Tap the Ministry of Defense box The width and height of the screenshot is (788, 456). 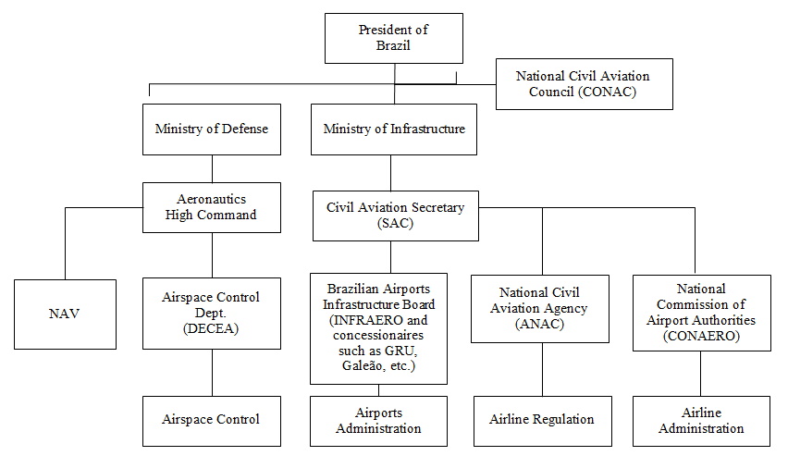coord(212,129)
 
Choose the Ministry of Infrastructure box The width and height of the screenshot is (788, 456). coord(394,129)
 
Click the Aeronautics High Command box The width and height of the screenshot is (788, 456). coord(212,207)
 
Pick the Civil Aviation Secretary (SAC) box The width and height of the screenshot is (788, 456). coord(396,216)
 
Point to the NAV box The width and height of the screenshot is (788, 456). coord(64,314)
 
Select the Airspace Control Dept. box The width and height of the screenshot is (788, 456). coord(212,314)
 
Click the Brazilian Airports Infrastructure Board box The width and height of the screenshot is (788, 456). coord(378,328)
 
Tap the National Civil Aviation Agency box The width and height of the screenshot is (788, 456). coord(542,309)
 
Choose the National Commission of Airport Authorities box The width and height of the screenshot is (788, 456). coord(701,313)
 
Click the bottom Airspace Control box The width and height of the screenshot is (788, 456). coord(212,419)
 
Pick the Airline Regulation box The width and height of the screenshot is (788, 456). coord(542,419)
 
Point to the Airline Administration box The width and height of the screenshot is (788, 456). coord(701,420)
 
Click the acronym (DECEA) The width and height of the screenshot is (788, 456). coord(212,329)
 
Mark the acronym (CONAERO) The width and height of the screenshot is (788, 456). coord(701,337)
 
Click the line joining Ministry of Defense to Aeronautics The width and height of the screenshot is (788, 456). coord(212,168)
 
